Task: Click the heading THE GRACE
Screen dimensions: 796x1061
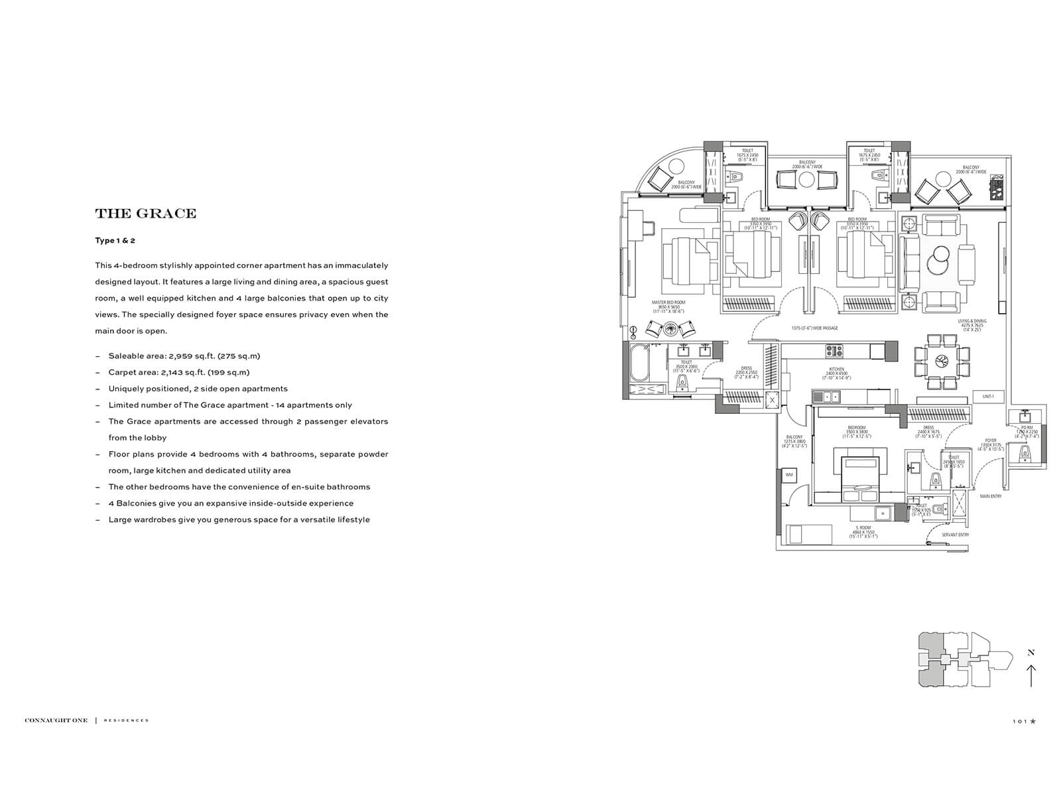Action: coord(146,214)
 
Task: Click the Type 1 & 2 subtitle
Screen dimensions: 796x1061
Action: coord(115,241)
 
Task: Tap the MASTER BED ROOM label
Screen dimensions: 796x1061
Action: coord(668,306)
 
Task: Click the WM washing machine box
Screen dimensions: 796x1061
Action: coord(789,475)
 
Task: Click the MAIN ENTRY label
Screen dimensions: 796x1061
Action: coord(991,496)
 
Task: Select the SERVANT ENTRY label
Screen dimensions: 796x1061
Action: coord(955,535)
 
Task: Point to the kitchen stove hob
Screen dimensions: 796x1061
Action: coord(834,350)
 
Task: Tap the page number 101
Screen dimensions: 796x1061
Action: coord(1020,720)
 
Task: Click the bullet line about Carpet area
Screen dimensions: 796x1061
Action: coord(179,373)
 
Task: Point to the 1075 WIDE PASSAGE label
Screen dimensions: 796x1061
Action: coord(814,328)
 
